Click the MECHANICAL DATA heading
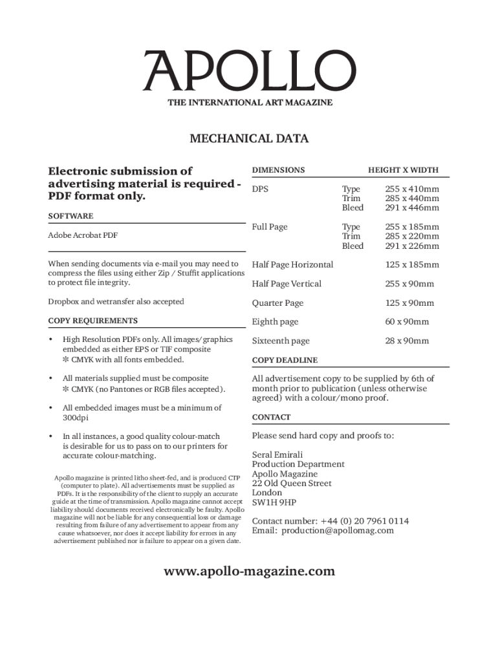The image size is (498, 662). click(x=249, y=138)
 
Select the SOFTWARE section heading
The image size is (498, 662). click(x=70, y=216)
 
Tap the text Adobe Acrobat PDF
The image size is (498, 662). click(x=83, y=235)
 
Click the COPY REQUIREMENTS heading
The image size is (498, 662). click(x=93, y=321)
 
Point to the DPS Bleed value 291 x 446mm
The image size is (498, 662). click(x=412, y=208)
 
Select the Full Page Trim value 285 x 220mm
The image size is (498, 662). click(x=412, y=237)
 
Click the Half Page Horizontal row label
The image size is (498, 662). click(x=292, y=264)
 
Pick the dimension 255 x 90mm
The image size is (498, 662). click(x=409, y=284)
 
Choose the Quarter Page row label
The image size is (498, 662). click(x=277, y=303)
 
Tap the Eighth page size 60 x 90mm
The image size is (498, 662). click(x=407, y=322)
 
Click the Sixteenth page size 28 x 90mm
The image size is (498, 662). click(x=407, y=341)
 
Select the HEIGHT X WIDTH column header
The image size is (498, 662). click(x=403, y=170)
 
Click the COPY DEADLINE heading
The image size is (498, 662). click(x=285, y=360)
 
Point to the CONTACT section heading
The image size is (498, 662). click(x=271, y=417)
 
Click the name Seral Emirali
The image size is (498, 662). click(x=277, y=454)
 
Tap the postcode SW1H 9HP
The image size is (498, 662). click(x=274, y=502)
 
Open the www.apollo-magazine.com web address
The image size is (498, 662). click(x=249, y=571)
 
